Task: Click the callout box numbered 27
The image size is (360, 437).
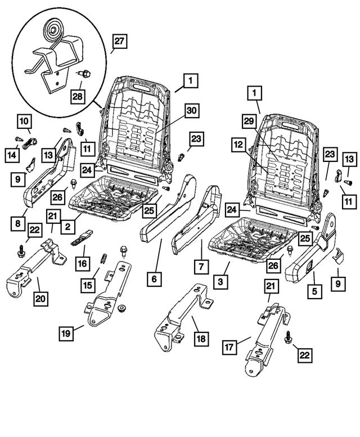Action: click(x=120, y=40)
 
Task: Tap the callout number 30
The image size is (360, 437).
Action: click(x=192, y=111)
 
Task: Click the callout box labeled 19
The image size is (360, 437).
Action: click(x=66, y=333)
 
